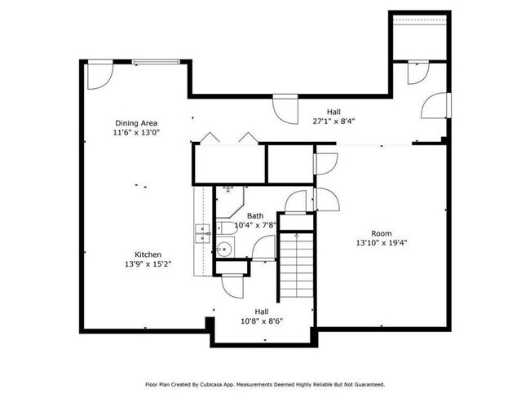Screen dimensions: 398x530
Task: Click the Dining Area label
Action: click(x=136, y=123)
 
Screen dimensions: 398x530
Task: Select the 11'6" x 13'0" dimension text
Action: click(x=136, y=132)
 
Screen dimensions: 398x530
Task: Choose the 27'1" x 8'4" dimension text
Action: click(x=334, y=122)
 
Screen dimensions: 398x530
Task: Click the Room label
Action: click(x=382, y=233)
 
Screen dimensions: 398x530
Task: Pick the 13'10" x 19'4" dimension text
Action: click(x=382, y=243)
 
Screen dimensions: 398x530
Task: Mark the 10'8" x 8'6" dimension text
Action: click(x=262, y=321)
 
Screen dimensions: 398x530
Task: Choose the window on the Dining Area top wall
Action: click(x=154, y=61)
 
